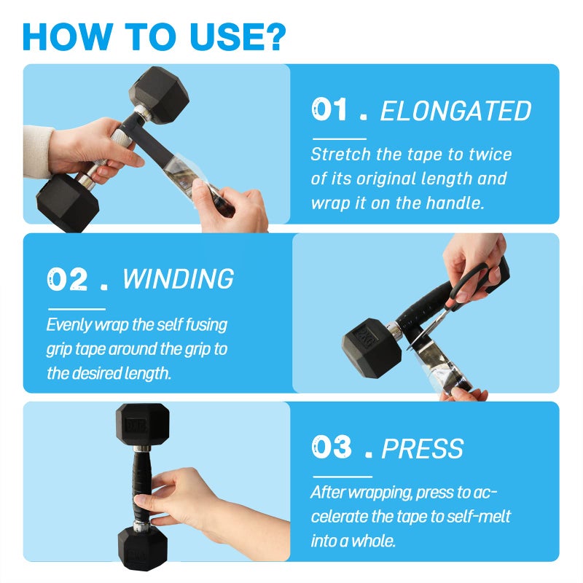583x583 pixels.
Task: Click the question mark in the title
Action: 273,36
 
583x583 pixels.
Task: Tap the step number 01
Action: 329,109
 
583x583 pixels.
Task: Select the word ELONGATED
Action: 455,111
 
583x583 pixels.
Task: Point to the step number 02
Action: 67,278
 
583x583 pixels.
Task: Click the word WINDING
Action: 178,278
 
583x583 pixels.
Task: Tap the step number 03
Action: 332,447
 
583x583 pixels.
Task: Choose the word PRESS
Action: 423,449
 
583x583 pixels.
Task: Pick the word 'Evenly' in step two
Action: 69,325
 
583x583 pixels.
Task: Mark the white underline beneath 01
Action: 340,139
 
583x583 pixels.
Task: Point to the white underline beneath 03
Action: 343,477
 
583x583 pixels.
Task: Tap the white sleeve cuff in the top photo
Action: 38,152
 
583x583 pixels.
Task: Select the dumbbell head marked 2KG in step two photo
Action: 372,348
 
